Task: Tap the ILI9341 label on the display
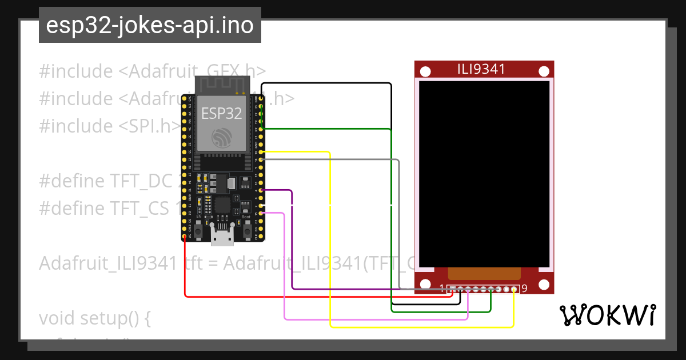[x=481, y=69]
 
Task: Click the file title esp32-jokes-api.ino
[x=150, y=26]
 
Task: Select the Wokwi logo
[x=607, y=315]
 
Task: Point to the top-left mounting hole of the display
[x=425, y=71]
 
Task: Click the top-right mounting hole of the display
[x=544, y=71]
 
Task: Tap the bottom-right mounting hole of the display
[x=544, y=284]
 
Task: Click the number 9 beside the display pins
[x=524, y=288]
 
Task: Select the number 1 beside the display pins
[x=442, y=288]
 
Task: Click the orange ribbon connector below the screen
[x=484, y=273]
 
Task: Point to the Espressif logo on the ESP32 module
[x=221, y=137]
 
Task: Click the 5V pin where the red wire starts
[x=185, y=236]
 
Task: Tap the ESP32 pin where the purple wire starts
[x=261, y=190]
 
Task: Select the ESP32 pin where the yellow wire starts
[x=261, y=152]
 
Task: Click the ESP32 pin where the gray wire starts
[x=261, y=160]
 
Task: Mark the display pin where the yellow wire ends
[x=514, y=290]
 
